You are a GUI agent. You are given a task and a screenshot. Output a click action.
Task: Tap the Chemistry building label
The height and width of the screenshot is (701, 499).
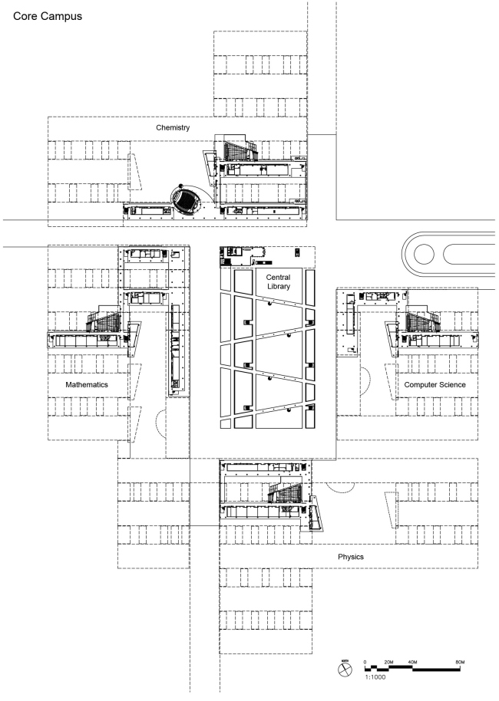[x=172, y=127]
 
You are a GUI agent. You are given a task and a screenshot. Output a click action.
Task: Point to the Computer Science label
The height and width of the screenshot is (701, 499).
[x=435, y=384]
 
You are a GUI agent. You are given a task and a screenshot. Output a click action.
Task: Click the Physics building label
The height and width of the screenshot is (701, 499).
[x=350, y=556]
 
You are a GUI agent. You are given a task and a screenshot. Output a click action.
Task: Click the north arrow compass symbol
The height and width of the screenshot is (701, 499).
[x=344, y=670]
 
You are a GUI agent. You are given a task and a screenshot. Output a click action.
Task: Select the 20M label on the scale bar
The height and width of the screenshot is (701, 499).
[x=388, y=661]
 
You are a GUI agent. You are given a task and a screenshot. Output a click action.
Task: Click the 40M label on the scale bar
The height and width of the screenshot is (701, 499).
[x=412, y=661]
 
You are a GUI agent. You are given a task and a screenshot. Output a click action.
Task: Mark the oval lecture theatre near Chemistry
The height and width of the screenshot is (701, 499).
[x=184, y=202]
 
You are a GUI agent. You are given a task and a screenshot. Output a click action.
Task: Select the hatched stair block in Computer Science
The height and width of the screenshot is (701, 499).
[x=422, y=320]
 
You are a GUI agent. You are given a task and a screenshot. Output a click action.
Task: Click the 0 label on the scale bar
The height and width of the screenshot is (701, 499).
[x=365, y=661]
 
